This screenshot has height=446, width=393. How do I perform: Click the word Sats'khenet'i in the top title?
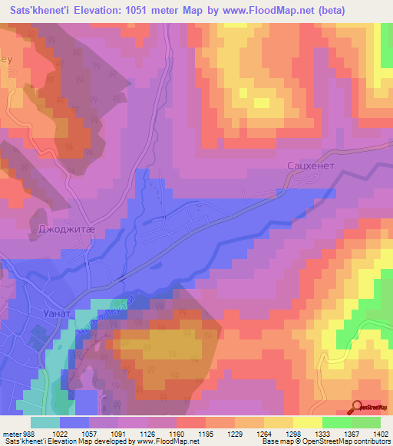(38, 11)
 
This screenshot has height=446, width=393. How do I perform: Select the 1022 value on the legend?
(58, 433)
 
